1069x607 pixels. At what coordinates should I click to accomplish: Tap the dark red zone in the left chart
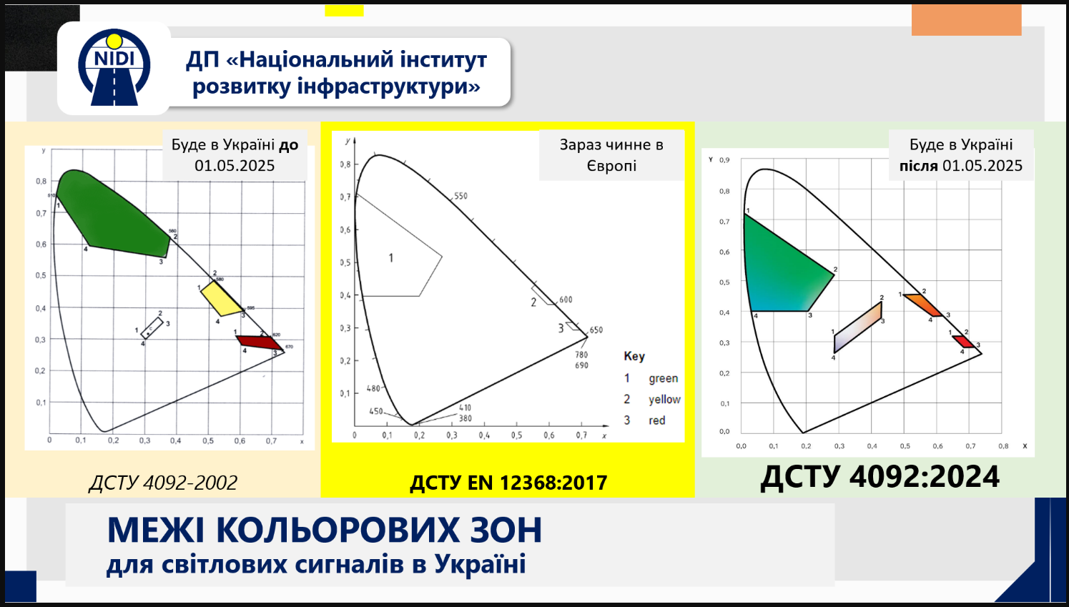click(x=258, y=342)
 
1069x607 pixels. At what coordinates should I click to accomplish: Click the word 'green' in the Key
click(x=663, y=378)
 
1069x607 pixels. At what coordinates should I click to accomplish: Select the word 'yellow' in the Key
click(x=664, y=400)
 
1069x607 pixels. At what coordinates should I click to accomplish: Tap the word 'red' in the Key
click(x=657, y=420)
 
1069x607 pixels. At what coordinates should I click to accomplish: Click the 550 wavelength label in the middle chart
click(x=461, y=196)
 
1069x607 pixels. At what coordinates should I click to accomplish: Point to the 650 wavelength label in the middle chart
click(x=596, y=330)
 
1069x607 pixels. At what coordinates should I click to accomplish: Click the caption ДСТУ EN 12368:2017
click(x=508, y=483)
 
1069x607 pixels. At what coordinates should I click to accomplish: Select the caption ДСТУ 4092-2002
click(x=163, y=483)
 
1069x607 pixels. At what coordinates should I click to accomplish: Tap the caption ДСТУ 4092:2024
click(x=880, y=477)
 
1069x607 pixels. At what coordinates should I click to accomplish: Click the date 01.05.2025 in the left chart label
click(x=235, y=166)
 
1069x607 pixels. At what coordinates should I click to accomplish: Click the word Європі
click(x=611, y=166)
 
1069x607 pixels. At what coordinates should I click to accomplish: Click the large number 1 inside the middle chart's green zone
click(x=391, y=258)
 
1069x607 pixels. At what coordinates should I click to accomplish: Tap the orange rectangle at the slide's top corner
click(x=966, y=20)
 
